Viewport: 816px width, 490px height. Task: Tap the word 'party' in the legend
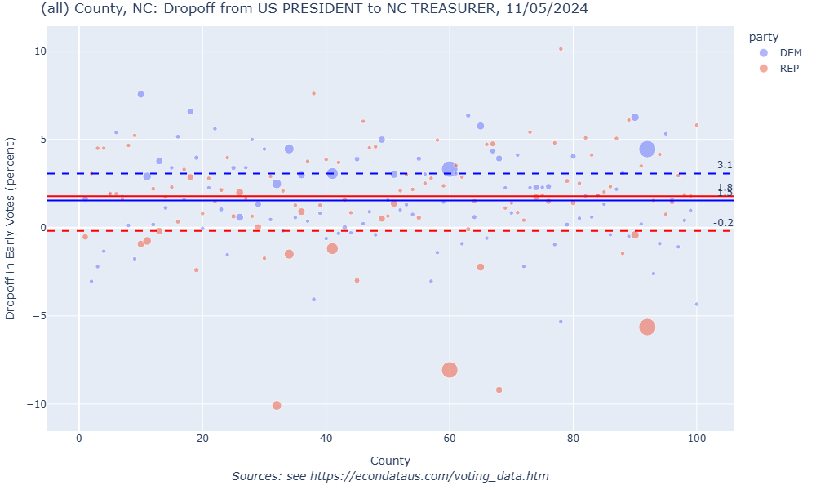(x=763, y=37)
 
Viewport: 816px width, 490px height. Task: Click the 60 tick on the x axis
(x=450, y=439)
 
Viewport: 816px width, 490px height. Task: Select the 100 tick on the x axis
(x=696, y=439)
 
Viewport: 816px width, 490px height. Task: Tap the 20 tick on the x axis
(x=202, y=439)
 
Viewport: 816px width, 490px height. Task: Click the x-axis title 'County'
(x=390, y=461)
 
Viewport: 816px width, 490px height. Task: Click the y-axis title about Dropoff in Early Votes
(x=11, y=228)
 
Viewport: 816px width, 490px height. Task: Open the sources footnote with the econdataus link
(x=390, y=476)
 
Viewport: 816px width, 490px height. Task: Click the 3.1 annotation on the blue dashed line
(x=725, y=165)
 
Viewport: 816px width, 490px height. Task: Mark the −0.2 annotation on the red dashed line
(x=723, y=223)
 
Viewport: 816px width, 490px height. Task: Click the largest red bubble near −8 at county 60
(x=450, y=370)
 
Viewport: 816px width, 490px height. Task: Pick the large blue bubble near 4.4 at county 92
(x=647, y=149)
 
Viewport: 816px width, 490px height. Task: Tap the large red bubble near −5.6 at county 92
(x=647, y=327)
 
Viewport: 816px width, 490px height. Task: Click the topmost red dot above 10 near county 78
(x=561, y=49)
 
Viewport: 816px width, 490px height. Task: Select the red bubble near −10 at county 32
(x=277, y=405)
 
